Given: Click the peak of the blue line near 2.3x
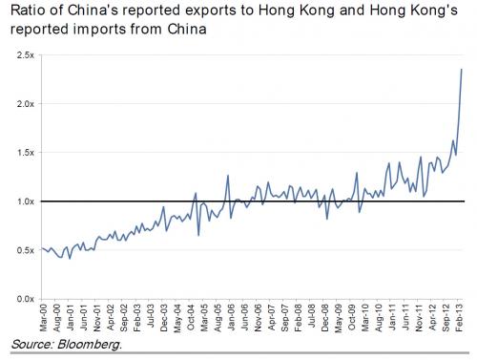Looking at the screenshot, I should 463,69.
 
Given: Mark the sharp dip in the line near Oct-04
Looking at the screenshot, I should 198,234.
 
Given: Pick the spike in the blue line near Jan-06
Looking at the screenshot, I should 228,176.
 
